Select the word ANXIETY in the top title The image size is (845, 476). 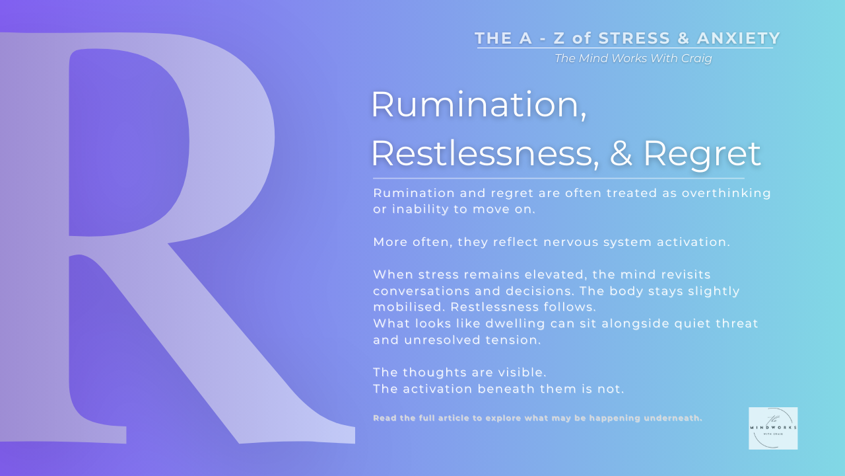(736, 38)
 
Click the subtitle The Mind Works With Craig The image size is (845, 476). (633, 58)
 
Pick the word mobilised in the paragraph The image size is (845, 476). (407, 307)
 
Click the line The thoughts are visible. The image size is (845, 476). (459, 372)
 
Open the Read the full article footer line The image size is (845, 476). (537, 418)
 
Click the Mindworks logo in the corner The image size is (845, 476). (773, 428)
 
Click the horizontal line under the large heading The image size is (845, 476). (558, 178)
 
